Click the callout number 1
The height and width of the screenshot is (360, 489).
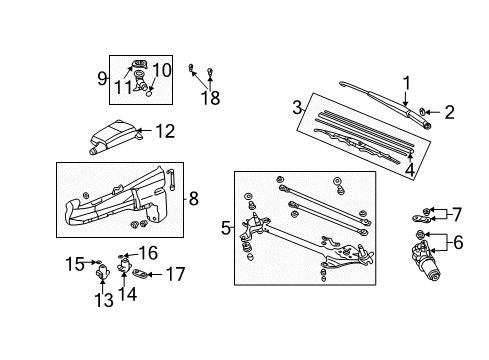pyautogui.click(x=406, y=83)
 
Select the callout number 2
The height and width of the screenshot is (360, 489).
pyautogui.click(x=449, y=112)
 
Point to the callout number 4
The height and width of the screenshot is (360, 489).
pyautogui.click(x=408, y=170)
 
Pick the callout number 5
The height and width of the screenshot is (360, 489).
pyautogui.click(x=225, y=227)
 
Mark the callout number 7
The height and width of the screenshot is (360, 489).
pyautogui.click(x=456, y=213)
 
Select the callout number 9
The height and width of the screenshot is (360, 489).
pyautogui.click(x=102, y=77)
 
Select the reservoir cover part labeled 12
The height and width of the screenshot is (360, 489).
pyautogui.click(x=113, y=132)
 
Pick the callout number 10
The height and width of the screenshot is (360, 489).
pyautogui.click(x=161, y=69)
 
